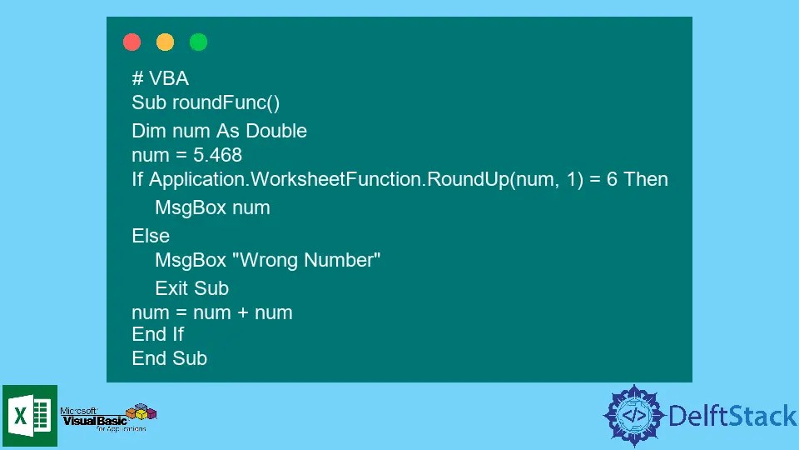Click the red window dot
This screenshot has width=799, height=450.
pos(132,42)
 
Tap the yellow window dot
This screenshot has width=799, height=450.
pos(165,42)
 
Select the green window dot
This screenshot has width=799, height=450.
pos(198,42)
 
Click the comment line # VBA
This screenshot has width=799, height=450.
pos(160,78)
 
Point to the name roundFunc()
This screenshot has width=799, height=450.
pos(226,102)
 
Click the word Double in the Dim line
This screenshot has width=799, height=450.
pos(276,131)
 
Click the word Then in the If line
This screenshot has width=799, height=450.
pos(646,179)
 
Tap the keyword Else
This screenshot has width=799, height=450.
pos(151,236)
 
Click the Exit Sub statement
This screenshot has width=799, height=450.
pos(191,288)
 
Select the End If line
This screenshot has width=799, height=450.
pos(157,334)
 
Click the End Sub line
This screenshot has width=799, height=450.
pos(169,358)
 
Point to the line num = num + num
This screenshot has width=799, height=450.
pos(211,313)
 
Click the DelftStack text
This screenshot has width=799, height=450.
pos(732,415)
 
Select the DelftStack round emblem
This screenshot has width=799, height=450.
pos(634,415)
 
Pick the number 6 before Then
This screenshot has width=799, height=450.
pos(612,179)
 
